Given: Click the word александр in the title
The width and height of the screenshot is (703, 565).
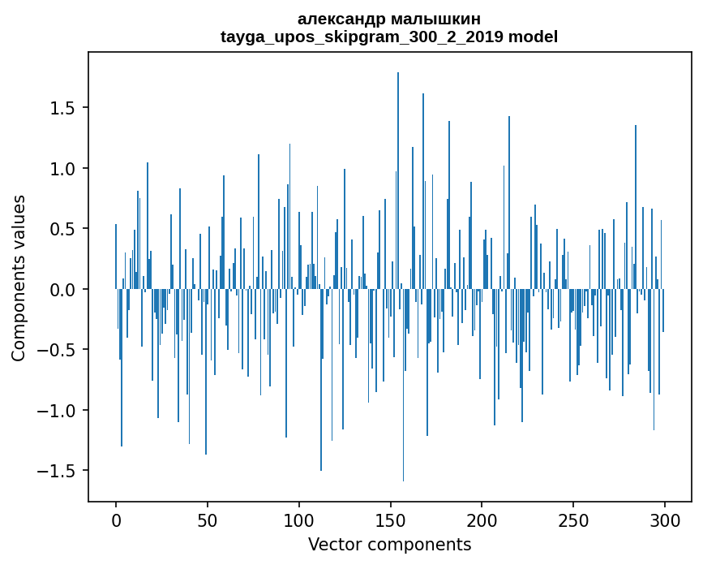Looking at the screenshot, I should coord(345,19).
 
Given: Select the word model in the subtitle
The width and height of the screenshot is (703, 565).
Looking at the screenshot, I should coord(533,37).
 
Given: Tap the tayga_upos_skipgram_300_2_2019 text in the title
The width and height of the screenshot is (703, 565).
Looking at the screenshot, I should coord(362,37).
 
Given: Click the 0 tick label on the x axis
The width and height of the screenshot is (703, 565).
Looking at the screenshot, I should coord(116,519).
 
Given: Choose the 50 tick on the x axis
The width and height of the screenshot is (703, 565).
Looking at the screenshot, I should coord(208,519).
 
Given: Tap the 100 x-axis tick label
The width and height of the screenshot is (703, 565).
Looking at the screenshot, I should coord(299,519).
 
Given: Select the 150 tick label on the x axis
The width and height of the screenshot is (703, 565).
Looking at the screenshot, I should coord(391,519).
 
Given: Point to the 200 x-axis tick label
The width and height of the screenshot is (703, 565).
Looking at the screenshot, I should coord(482,519).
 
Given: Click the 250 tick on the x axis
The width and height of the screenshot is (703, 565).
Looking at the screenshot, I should coord(573,519).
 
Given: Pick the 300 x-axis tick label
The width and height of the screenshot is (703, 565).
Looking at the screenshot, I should coord(665,519).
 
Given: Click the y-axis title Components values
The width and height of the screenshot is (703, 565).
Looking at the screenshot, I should coord(19,278).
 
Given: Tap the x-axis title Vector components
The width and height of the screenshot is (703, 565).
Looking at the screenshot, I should coord(389,544).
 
